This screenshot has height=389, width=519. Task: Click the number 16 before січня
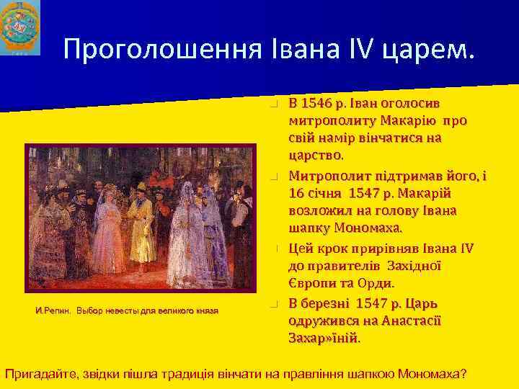(x=296, y=193)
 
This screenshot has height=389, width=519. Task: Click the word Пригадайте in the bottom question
(x=43, y=374)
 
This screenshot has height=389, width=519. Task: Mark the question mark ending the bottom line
(x=462, y=374)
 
